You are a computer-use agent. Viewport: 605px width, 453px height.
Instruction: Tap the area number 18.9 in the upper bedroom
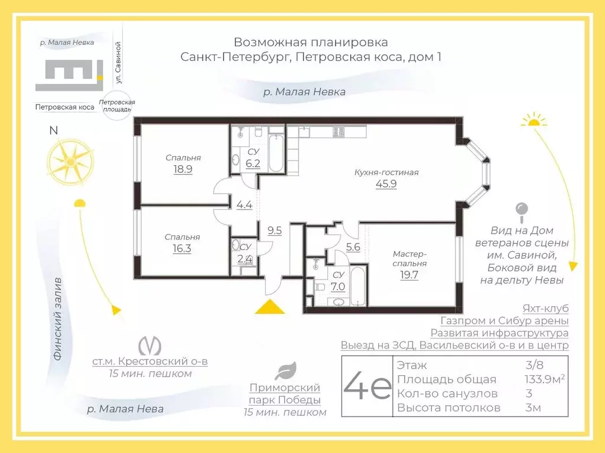(x=183, y=169)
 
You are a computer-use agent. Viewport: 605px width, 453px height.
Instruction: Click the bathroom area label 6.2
(x=253, y=163)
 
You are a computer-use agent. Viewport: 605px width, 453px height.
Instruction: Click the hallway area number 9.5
(x=274, y=231)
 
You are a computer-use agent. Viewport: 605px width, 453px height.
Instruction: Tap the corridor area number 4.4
(x=244, y=205)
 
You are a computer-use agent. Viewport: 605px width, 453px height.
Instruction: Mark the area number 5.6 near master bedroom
(x=353, y=248)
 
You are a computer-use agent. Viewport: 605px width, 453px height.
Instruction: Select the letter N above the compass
(x=53, y=131)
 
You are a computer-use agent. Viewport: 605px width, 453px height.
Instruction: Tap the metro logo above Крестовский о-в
(x=149, y=345)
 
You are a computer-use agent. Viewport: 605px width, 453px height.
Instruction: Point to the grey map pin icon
(x=522, y=210)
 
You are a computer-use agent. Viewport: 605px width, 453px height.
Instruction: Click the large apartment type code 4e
(x=367, y=385)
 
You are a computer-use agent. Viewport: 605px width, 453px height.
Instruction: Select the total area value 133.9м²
(x=541, y=379)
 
